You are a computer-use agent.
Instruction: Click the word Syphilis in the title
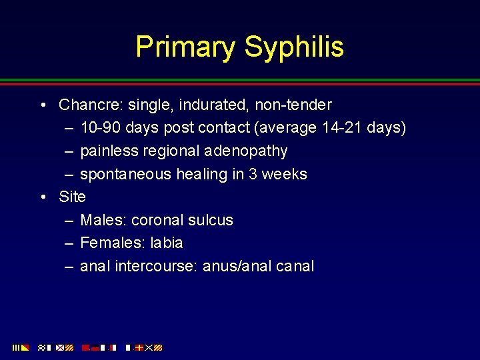tap(294, 47)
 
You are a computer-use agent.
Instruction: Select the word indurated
tap(191, 105)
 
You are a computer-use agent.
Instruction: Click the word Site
tap(72, 197)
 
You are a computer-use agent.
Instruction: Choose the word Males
tap(103, 220)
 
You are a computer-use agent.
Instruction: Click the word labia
tap(167, 243)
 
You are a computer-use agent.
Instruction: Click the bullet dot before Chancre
tap(43, 105)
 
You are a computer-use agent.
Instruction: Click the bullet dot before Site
tap(43, 197)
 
